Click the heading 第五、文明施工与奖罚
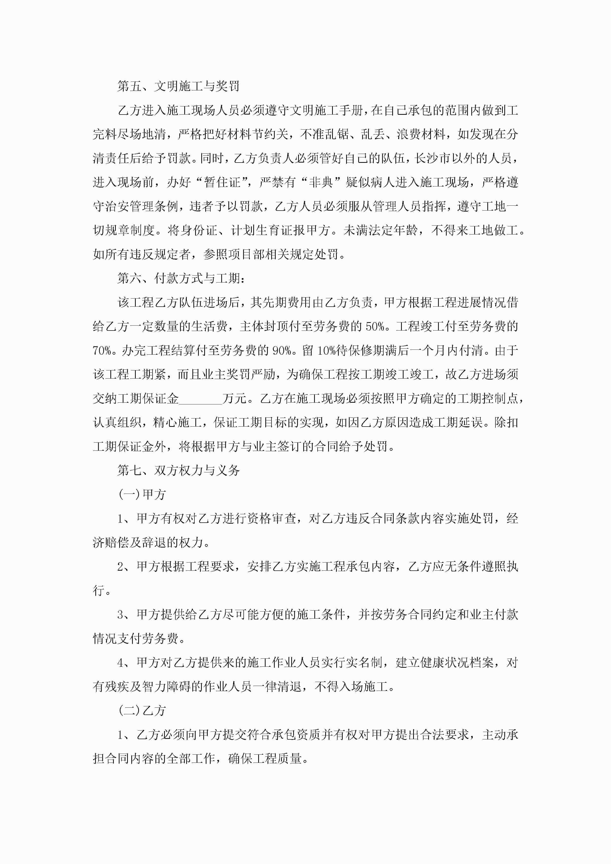(x=178, y=86)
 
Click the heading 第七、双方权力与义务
(x=178, y=470)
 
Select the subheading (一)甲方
(x=142, y=495)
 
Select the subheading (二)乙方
(x=142, y=711)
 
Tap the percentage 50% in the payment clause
(x=375, y=326)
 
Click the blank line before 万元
(x=200, y=399)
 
